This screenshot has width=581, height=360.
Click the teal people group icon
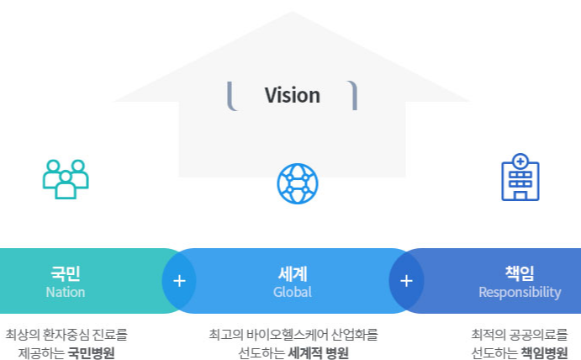66,179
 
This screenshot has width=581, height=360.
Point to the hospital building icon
520,177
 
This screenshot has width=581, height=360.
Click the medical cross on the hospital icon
520,161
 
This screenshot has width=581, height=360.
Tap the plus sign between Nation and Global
179,281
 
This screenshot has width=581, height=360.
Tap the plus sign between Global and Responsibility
406,281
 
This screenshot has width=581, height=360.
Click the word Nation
66,293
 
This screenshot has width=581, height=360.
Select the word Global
292,293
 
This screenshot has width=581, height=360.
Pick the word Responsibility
520,293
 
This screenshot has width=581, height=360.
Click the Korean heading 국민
66,273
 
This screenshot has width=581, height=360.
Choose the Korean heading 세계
292,273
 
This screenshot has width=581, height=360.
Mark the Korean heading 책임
520,273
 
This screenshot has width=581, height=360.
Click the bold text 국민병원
91,352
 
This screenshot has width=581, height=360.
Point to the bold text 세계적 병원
318,352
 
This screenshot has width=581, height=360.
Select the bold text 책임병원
544,352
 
